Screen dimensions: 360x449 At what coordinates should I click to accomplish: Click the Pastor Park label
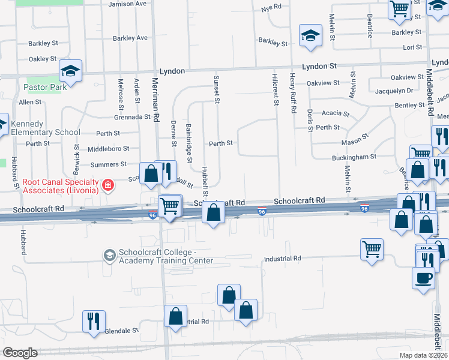(x=45, y=87)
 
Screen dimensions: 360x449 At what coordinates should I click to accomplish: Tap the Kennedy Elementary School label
(x=45, y=128)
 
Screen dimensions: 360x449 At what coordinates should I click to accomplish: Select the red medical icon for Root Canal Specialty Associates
(x=108, y=185)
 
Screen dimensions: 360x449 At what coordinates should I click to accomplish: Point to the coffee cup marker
(x=423, y=278)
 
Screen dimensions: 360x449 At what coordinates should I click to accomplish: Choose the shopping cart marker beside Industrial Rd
(x=372, y=249)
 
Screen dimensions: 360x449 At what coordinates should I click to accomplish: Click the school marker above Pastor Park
(x=70, y=72)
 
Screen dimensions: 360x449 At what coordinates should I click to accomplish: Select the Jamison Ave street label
(x=128, y=4)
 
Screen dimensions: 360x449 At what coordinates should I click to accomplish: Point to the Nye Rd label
(x=272, y=8)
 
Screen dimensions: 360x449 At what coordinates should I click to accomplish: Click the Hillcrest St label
(x=276, y=91)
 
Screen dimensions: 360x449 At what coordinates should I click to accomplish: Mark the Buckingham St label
(x=354, y=157)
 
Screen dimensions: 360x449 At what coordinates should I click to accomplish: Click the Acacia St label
(x=335, y=113)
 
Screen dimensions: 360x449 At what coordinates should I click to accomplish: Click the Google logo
(x=20, y=353)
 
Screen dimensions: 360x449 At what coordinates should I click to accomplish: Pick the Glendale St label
(x=122, y=330)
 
